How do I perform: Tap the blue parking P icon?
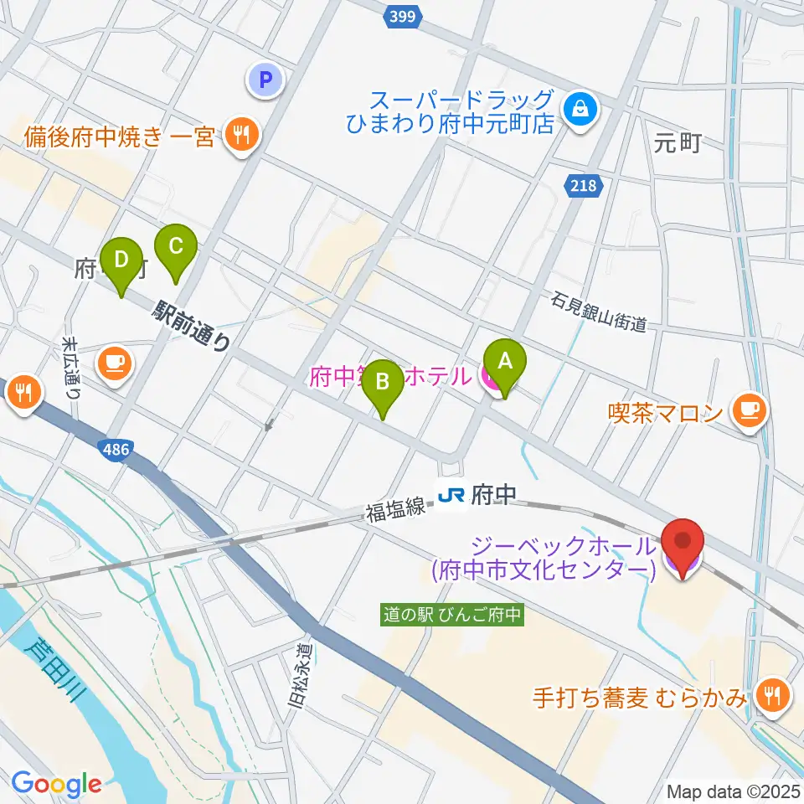(265, 80)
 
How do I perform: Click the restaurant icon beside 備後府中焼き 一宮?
(241, 136)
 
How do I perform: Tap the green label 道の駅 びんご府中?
(452, 615)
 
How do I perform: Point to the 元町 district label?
(677, 143)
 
